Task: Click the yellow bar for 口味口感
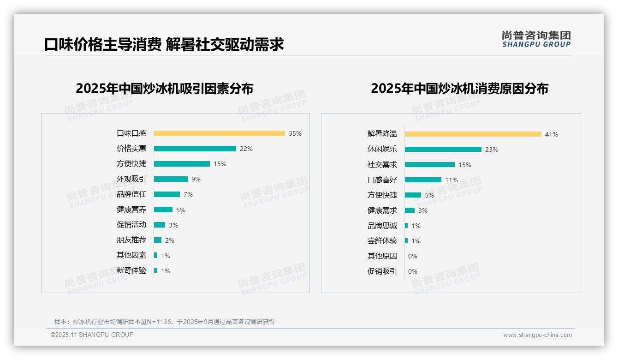(x=219, y=133)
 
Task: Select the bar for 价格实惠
(x=195, y=149)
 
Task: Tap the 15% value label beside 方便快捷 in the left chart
(x=220, y=164)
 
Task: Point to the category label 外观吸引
(x=131, y=179)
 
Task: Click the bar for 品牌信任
(x=166, y=194)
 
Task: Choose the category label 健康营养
(x=131, y=210)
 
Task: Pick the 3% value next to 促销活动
(x=173, y=225)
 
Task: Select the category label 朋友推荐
(x=131, y=240)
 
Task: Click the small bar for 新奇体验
(x=155, y=270)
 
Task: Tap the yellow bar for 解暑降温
(x=473, y=134)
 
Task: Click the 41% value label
(x=551, y=134)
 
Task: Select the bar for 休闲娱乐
(x=443, y=150)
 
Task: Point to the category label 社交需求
(x=382, y=165)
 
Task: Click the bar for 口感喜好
(x=423, y=180)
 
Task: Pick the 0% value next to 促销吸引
(x=413, y=271)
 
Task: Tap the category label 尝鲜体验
(x=382, y=241)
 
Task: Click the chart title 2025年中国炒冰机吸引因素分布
(x=164, y=89)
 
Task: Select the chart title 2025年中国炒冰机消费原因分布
(x=459, y=89)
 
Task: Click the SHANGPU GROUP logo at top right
(x=536, y=39)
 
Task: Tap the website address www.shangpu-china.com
(x=537, y=335)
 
